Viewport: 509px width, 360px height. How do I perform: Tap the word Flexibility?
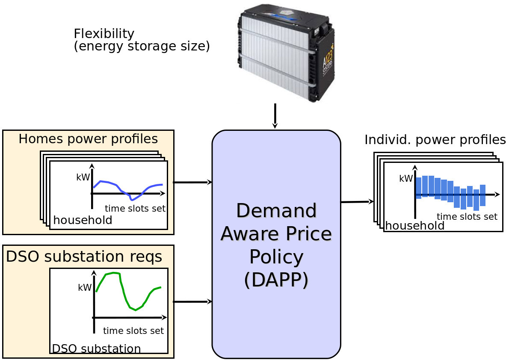[x=104, y=33]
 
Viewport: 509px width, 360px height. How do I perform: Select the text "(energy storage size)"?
[x=142, y=46]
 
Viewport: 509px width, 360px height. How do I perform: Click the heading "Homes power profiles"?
[x=88, y=139]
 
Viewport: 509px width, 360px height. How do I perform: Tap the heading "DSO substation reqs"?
[x=84, y=257]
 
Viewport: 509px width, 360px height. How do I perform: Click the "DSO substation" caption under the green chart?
[x=96, y=348]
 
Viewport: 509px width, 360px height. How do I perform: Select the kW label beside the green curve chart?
[x=85, y=287]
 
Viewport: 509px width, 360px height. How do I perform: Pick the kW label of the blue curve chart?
[x=83, y=177]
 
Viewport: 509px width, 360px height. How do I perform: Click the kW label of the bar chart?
[x=406, y=178]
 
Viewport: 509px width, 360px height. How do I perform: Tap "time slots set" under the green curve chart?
[x=133, y=330]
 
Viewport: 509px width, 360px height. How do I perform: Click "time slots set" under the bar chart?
[x=467, y=216]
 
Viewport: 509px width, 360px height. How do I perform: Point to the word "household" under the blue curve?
[x=83, y=220]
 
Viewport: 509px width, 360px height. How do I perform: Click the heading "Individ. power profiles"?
[x=435, y=140]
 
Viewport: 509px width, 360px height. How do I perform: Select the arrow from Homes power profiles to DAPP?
[x=192, y=183]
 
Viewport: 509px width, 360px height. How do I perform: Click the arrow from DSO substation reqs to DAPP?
[x=192, y=302]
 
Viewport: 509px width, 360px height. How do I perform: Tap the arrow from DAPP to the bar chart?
[x=357, y=202]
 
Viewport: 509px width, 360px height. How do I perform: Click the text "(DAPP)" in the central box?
[x=276, y=280]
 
